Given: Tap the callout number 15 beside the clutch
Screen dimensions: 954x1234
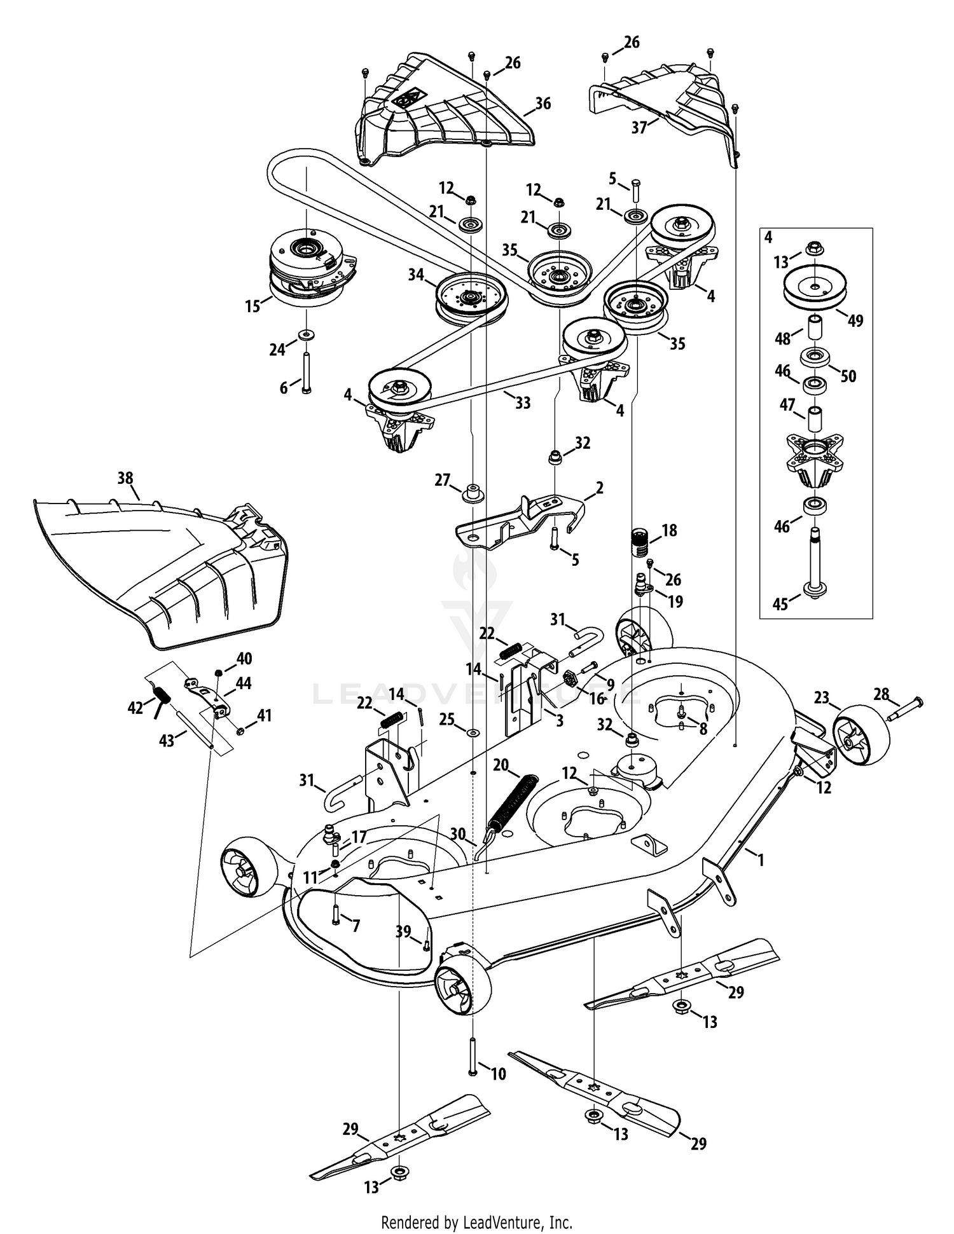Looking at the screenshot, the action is coord(252,306).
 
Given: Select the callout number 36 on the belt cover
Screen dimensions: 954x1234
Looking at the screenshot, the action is coord(543,104).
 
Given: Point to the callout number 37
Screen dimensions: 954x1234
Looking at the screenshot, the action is coord(639,128).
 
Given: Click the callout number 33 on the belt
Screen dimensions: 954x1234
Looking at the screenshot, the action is coord(522,402).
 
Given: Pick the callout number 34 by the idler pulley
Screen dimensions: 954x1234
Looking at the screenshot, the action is coord(416,275).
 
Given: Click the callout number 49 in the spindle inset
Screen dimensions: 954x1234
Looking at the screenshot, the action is coord(855,320).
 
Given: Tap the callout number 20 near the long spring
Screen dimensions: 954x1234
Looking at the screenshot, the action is coord(501,764).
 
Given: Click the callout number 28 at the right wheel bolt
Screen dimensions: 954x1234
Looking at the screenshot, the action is coord(881,694).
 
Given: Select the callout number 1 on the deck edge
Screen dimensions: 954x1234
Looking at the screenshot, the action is coord(760,860).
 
